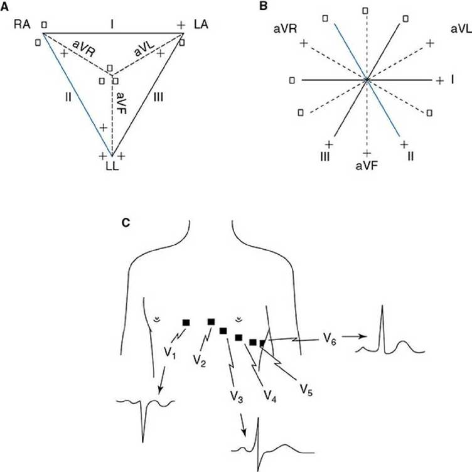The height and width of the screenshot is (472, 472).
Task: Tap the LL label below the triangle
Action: point(112,168)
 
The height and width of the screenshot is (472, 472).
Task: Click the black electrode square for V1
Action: point(186,322)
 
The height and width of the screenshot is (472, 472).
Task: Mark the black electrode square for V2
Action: point(212,321)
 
